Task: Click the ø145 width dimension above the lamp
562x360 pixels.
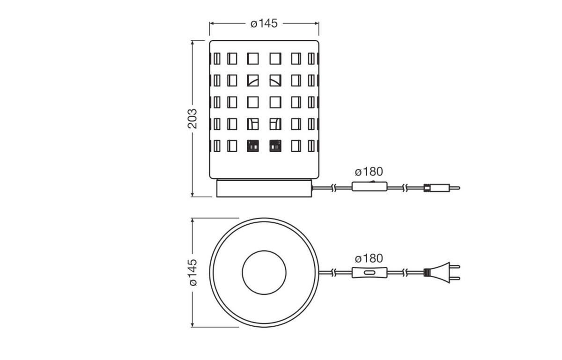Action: pyautogui.click(x=264, y=23)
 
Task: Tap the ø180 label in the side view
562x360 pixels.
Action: pyautogui.click(x=369, y=171)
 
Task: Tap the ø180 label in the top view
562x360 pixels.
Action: pyautogui.click(x=369, y=258)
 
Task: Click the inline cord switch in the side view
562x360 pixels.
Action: pyautogui.click(x=370, y=187)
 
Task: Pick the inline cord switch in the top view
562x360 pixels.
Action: pyautogui.click(x=370, y=272)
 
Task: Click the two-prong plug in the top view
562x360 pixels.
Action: pyautogui.click(x=440, y=272)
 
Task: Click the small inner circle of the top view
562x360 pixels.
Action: pyautogui.click(x=264, y=272)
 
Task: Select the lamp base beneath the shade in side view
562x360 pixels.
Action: pyautogui.click(x=264, y=188)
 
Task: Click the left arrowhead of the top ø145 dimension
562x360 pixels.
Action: pyautogui.click(x=212, y=23)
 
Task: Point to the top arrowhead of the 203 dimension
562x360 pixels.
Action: pyautogui.click(x=192, y=43)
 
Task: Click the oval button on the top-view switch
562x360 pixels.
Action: pyautogui.click(x=370, y=272)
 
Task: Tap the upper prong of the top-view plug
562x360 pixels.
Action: pyautogui.click(x=454, y=267)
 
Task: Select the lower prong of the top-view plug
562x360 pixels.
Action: pyautogui.click(x=454, y=278)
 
